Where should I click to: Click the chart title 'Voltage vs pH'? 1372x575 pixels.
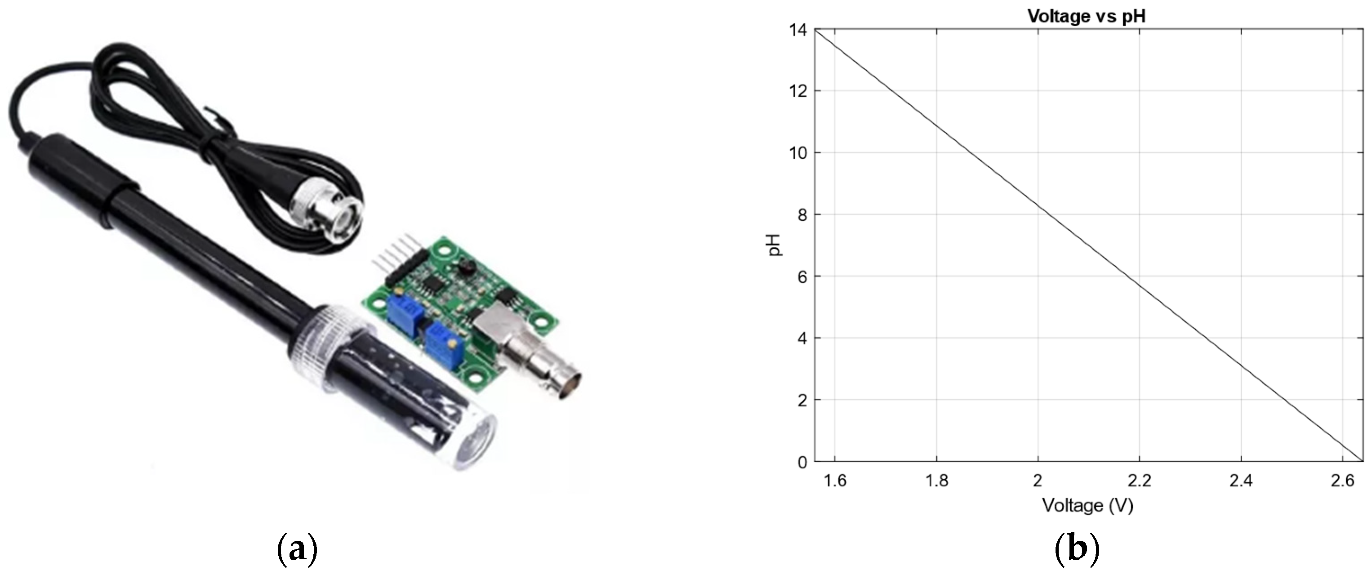tap(1086, 16)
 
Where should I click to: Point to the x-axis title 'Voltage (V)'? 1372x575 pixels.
tap(1087, 505)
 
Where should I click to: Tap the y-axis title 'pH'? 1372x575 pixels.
tap(775, 245)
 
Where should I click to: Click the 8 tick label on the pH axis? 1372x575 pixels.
tap(802, 214)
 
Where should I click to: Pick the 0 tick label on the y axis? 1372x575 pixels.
tap(802, 462)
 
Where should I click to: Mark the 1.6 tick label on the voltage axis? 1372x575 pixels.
tap(835, 481)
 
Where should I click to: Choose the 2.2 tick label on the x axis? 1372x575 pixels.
tap(1139, 481)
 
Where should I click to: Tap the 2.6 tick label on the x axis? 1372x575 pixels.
tap(1343, 481)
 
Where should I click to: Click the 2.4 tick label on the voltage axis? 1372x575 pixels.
tap(1241, 481)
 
